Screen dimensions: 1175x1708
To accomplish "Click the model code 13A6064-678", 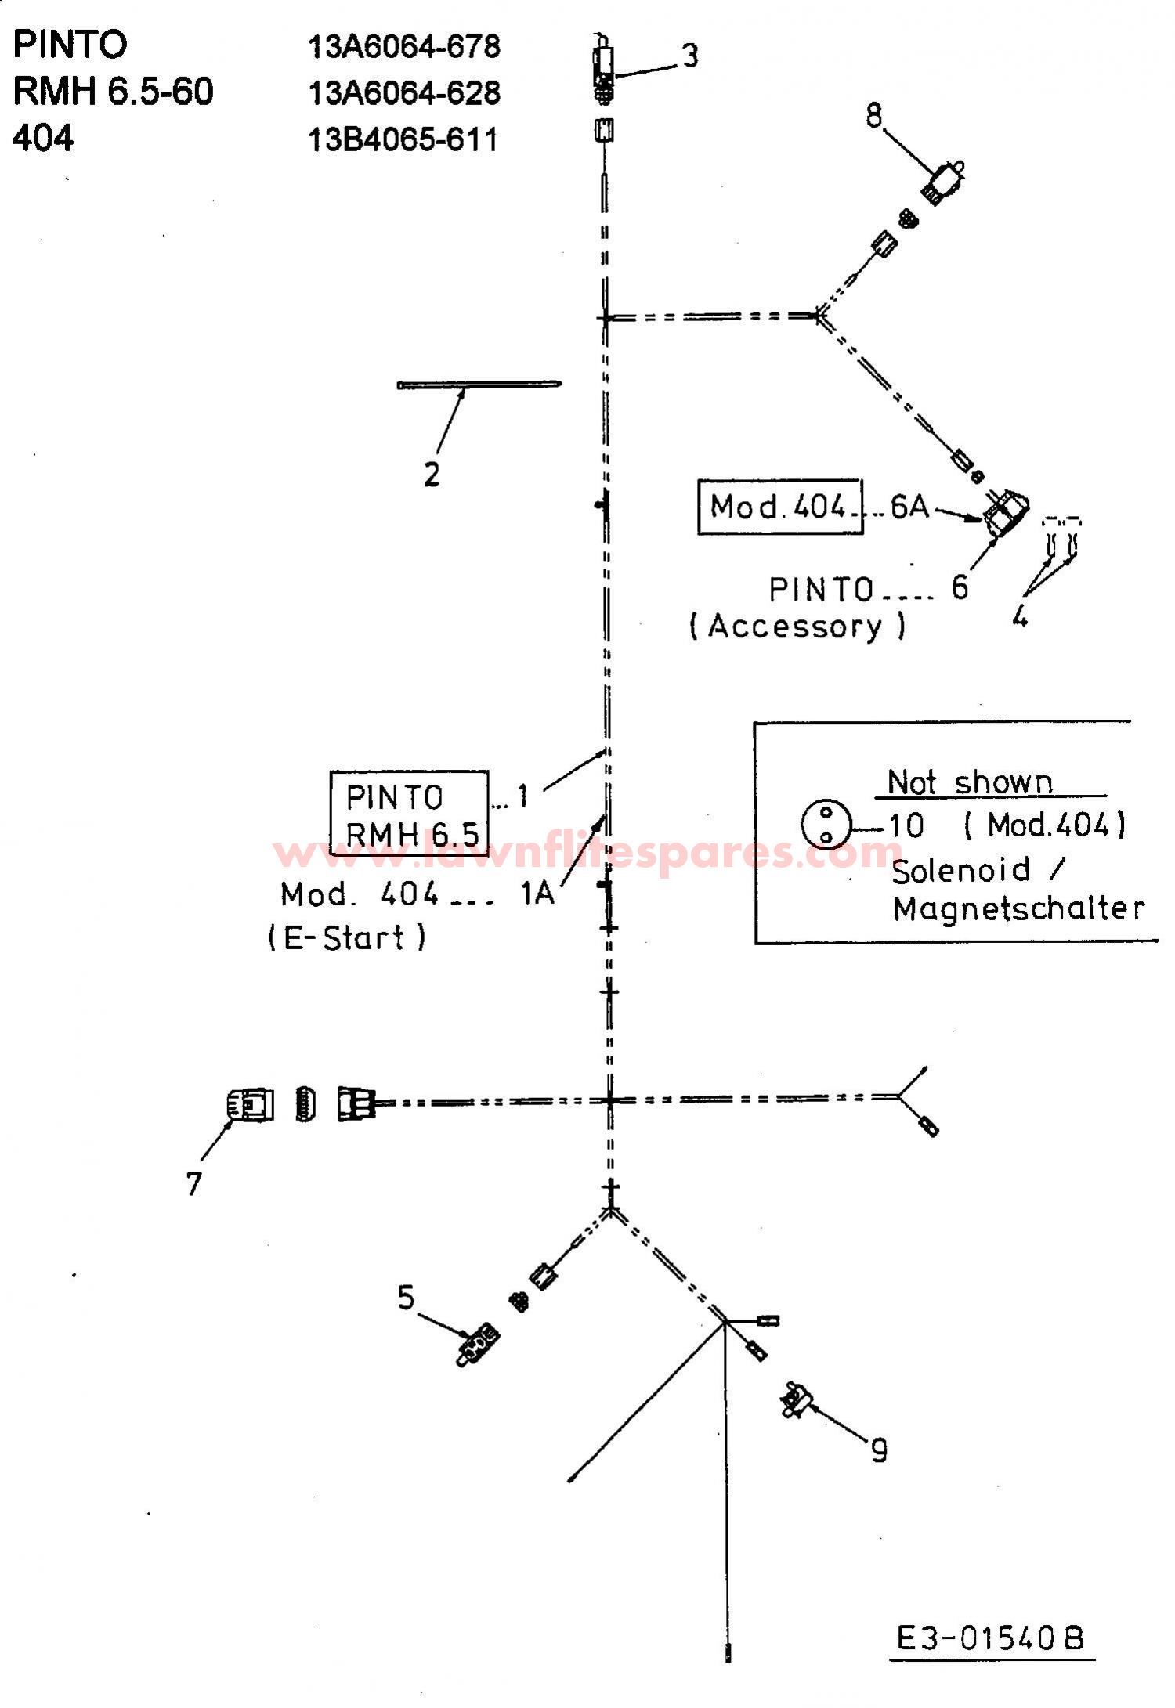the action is (x=404, y=47).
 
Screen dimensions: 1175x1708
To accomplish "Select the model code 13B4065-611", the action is (x=403, y=140).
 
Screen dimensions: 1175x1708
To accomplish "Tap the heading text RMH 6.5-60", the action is (x=113, y=92).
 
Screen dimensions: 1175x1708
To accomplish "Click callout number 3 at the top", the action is (x=689, y=56).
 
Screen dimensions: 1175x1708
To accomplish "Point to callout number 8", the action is (x=874, y=116).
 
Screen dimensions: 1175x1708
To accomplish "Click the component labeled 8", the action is (x=944, y=182).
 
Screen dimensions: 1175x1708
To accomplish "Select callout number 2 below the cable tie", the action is (x=432, y=475).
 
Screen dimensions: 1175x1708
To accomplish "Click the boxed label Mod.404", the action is (x=780, y=507).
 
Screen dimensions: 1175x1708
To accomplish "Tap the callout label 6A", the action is (x=910, y=507).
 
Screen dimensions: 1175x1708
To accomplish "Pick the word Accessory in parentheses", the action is (x=796, y=627).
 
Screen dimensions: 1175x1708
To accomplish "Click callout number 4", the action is (x=1019, y=617).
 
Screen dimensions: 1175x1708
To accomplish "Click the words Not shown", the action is (x=970, y=782).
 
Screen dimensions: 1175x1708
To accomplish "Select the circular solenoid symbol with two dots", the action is (x=826, y=824).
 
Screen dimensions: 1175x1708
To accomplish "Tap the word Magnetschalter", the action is (x=1018, y=908).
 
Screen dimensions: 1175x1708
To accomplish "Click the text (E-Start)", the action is (x=347, y=937).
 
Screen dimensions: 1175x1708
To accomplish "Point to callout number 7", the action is (x=194, y=1183).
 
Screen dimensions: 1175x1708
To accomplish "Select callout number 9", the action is (x=880, y=1451).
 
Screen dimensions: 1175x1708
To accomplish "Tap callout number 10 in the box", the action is (x=906, y=825).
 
